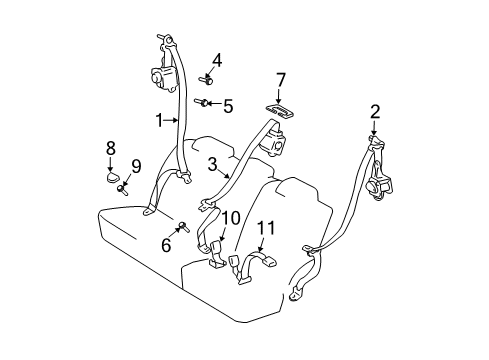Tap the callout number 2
[x=375, y=112]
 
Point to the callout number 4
[x=217, y=60]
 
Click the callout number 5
[x=227, y=104]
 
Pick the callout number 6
[x=166, y=244]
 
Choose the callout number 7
[x=281, y=80]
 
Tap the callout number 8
[x=109, y=148]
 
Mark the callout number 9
[x=137, y=165]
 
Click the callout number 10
[x=231, y=217]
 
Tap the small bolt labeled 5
[x=206, y=102]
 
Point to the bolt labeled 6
[x=184, y=229]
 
